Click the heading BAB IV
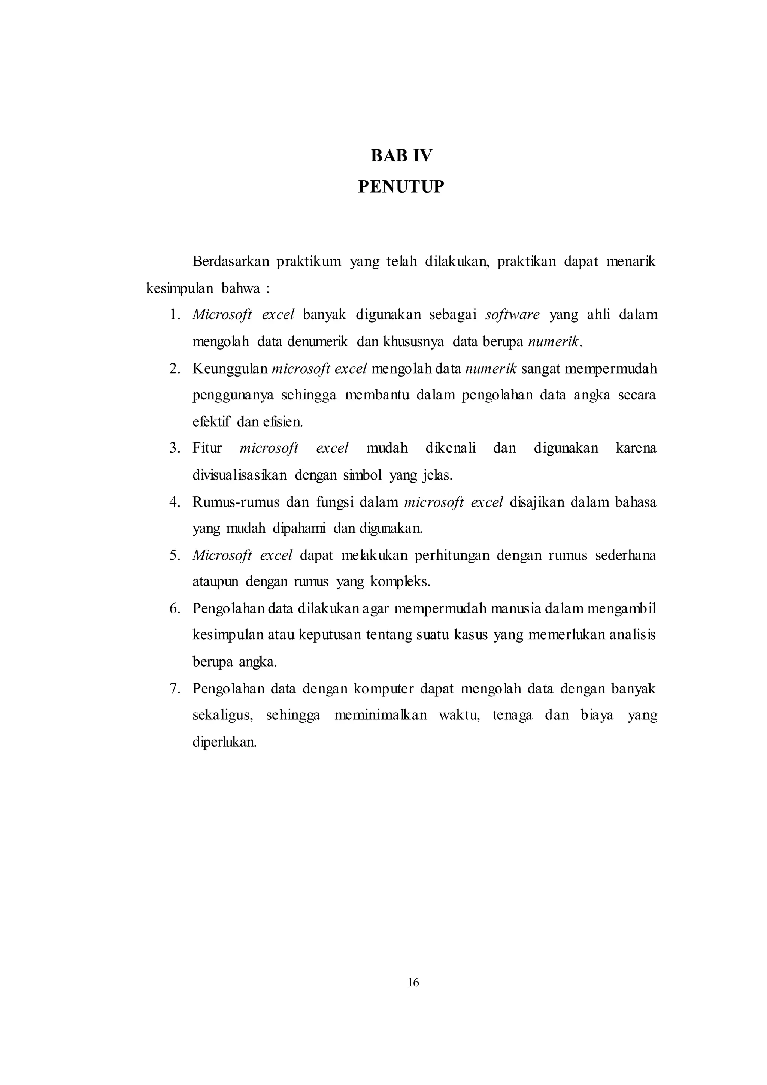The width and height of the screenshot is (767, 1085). (x=401, y=156)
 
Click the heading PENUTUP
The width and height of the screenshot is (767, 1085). (x=401, y=187)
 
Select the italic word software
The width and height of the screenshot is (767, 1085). (x=512, y=315)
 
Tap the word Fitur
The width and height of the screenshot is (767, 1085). (x=207, y=448)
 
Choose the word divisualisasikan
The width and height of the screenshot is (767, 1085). (x=239, y=475)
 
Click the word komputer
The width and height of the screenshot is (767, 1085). (x=383, y=689)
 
